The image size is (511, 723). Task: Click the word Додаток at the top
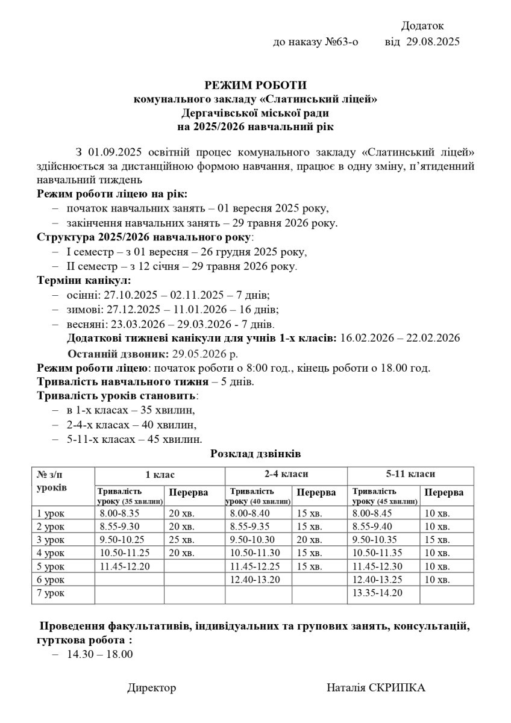pos(422,26)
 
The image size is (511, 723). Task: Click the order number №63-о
pos(341,42)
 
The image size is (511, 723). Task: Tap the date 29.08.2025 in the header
pos(433,42)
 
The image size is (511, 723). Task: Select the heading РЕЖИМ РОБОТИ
pos(255,86)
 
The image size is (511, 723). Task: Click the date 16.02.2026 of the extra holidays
pos(367,337)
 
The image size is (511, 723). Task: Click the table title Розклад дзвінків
pos(255,453)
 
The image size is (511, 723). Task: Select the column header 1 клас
pos(160,474)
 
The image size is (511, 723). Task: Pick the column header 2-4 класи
pos(286,474)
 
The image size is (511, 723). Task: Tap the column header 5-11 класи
pos(410,474)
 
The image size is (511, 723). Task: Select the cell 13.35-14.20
pos(377,593)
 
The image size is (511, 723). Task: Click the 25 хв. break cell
pos(181,540)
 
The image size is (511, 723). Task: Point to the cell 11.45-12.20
pos(125,566)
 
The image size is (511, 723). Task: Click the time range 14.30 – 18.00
pos(100,654)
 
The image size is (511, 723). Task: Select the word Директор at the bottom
pos(151,688)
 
